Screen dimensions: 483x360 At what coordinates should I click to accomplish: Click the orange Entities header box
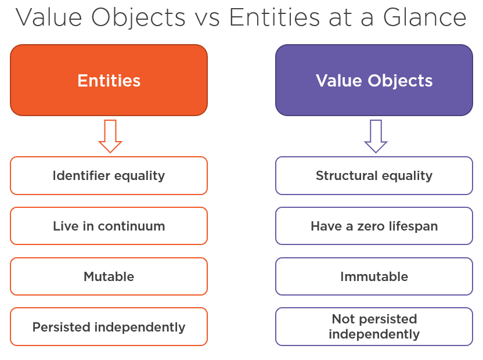109,80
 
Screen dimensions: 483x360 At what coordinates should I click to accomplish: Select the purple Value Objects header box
374,80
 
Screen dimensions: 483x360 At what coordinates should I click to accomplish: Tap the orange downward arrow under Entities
110,136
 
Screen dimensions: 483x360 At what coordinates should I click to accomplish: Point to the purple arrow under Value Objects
376,136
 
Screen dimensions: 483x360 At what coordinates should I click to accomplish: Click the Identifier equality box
109,176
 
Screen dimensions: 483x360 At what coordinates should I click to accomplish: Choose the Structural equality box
374,176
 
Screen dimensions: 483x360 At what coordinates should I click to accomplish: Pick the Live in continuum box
109,226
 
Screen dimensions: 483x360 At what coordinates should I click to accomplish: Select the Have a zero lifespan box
374,226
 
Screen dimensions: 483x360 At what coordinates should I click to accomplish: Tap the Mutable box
109,276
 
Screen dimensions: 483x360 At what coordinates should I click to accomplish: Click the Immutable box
374,276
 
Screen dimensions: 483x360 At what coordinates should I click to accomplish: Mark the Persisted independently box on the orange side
109,327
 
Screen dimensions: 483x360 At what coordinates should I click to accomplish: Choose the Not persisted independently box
374,327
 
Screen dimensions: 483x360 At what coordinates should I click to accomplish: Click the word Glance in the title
425,17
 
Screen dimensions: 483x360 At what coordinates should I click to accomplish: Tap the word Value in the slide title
49,17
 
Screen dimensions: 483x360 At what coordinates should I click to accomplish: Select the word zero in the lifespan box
371,227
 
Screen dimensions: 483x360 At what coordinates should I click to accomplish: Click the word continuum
132,226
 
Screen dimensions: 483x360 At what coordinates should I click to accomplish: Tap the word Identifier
81,175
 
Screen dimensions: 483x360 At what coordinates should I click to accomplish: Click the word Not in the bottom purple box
344,319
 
